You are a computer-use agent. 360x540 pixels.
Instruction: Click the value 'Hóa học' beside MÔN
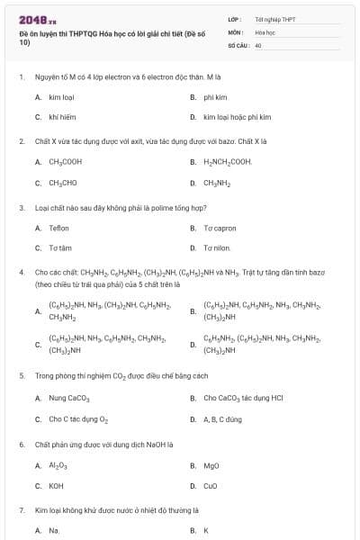click(265, 31)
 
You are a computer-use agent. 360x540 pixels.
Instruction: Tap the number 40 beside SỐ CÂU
click(258, 44)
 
